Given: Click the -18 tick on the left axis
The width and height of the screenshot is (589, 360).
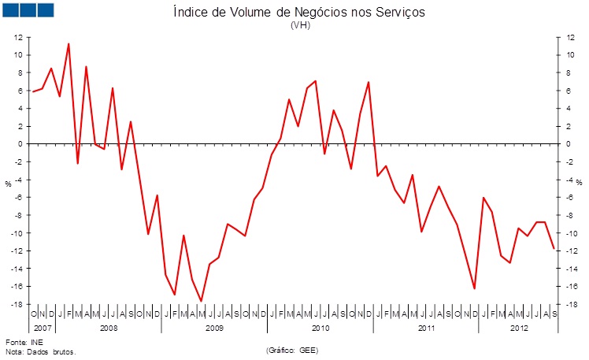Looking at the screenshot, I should pyautogui.click(x=16, y=304).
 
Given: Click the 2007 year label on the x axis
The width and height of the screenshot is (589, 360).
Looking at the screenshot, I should pyautogui.click(x=43, y=327).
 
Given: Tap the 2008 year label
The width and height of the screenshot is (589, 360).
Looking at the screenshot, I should pyautogui.click(x=109, y=327).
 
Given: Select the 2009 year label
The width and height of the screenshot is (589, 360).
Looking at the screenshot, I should pyautogui.click(x=214, y=327).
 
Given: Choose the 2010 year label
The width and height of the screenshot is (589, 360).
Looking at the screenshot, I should pyautogui.click(x=320, y=327).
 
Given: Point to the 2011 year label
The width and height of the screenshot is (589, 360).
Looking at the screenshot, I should pyautogui.click(x=426, y=327).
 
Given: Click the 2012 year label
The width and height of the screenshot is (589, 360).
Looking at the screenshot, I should pyautogui.click(x=519, y=327).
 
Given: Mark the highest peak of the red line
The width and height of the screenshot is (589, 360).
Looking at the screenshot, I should pyautogui.click(x=69, y=43).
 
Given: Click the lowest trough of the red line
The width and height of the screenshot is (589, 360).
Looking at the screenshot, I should pyautogui.click(x=201, y=301).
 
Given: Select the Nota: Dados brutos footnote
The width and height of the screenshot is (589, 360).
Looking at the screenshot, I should pyautogui.click(x=40, y=352).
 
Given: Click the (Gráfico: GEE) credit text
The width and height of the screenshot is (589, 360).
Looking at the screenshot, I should pyautogui.click(x=293, y=350).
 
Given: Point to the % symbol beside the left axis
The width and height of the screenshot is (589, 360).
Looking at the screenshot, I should pyautogui.click(x=8, y=184).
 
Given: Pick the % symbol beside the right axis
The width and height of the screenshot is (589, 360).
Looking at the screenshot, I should pyautogui.click(x=579, y=184).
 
